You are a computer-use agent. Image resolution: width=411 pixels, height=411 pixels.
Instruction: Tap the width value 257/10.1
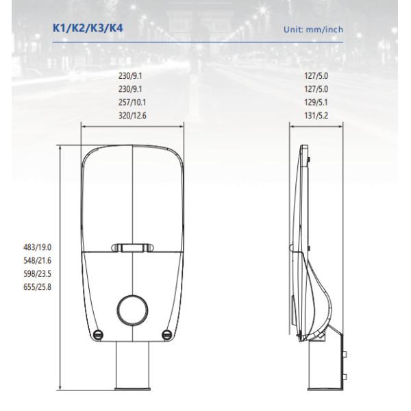(133, 103)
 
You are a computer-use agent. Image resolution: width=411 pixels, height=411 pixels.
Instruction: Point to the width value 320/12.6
(133, 116)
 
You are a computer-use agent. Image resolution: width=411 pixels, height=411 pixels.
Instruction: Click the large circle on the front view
(133, 306)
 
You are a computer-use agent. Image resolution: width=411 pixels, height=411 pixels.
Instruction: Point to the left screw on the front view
(98, 334)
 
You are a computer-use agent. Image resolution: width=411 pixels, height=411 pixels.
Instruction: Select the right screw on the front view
(166, 334)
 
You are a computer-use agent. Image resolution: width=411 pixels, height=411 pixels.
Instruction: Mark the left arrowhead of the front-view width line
(84, 125)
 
